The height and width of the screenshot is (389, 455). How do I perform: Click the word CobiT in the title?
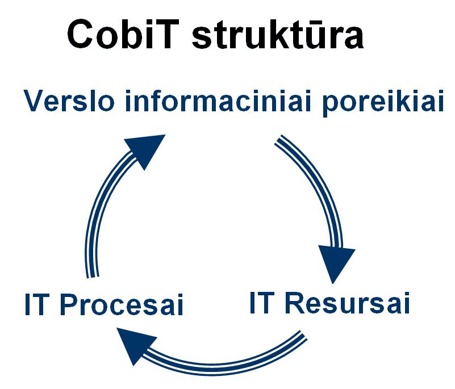pos(123,34)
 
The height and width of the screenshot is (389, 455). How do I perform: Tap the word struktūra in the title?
pos(278,34)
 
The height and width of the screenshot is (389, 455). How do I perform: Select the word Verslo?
pos(69,101)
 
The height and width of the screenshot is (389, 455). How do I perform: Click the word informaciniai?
pos(219,101)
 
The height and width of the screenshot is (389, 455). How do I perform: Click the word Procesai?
pos(122,304)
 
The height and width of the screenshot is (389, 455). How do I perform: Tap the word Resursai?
pos(347,303)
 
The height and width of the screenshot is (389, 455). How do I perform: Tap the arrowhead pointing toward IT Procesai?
pos(134,345)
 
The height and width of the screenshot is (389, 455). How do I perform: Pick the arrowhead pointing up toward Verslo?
pos(147,149)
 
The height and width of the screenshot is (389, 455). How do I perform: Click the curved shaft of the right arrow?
pos(319,186)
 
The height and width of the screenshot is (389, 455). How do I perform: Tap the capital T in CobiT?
pos(165,34)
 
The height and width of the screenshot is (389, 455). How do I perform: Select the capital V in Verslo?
pos(34,101)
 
